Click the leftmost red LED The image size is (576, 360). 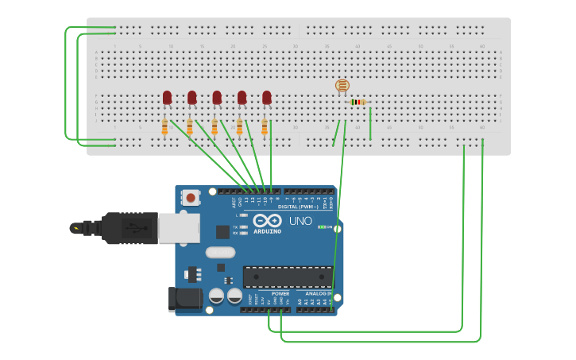point(167,97)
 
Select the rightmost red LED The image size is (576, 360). point(267,97)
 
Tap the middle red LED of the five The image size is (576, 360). point(217,97)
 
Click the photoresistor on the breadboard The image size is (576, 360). point(342,86)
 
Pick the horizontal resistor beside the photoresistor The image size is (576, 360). point(358,102)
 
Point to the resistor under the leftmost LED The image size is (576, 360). point(164,126)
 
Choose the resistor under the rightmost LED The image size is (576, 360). point(265,126)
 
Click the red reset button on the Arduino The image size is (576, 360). point(191,198)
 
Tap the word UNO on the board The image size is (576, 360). point(300,221)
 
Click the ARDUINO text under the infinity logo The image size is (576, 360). point(268,231)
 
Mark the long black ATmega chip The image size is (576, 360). point(288,277)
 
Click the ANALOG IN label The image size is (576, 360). point(317,293)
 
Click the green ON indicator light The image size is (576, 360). point(320,226)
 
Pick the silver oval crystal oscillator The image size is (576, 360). point(220,253)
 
